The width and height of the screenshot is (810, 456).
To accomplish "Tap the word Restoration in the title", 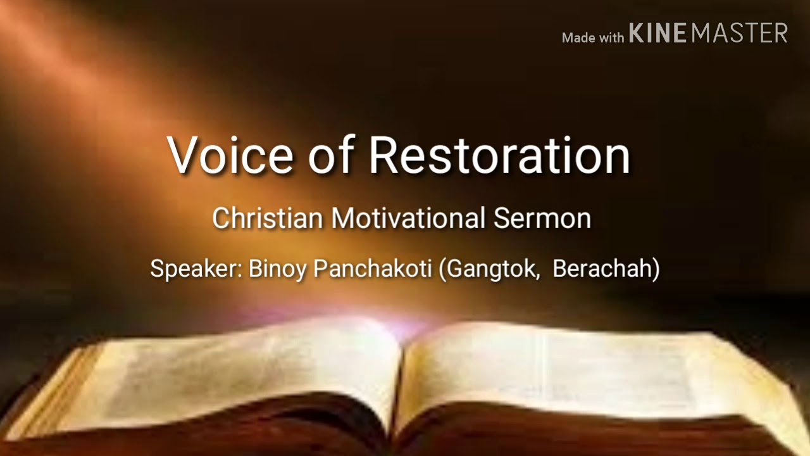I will pos(500,155).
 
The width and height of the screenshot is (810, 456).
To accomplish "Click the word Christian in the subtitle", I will pos(268,218).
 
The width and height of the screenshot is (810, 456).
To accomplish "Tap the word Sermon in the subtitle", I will pos(542,218).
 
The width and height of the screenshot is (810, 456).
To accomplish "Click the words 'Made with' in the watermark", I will pos(593,38).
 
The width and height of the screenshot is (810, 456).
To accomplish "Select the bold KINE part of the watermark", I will pos(658,34).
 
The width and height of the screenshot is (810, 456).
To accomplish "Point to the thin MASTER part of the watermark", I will pos(739,34).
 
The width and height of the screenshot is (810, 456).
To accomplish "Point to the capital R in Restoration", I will pos(384,155).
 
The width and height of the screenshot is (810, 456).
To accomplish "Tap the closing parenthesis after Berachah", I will pos(656,269).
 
